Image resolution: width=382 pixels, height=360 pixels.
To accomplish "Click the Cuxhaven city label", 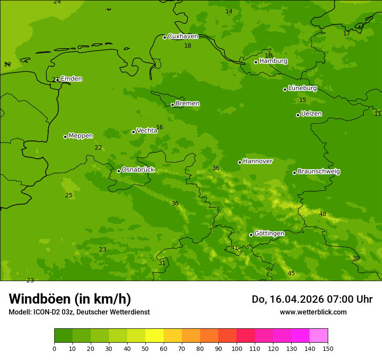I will click(x=183, y=36).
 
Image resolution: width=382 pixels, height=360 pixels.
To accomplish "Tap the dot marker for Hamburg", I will click(x=256, y=62).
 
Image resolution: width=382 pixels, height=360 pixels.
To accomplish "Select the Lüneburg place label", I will click(x=302, y=88).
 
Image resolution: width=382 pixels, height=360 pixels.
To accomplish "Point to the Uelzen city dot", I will click(x=298, y=115).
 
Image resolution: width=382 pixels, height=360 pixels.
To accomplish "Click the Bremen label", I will click(x=187, y=104).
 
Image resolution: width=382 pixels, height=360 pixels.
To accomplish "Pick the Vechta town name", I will click(x=147, y=131).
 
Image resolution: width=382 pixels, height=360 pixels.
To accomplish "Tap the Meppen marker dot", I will click(x=65, y=137).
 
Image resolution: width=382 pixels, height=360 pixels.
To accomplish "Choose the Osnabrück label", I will click(x=138, y=170).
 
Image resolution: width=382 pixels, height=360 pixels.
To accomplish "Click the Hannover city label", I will click(x=257, y=161).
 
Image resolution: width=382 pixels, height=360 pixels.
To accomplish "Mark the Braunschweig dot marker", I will click(x=294, y=173).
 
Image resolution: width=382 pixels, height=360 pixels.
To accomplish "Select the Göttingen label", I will click(x=269, y=233).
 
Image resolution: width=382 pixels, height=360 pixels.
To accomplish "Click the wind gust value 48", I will click(x=323, y=214).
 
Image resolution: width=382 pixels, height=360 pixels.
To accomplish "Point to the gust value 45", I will click(x=291, y=273).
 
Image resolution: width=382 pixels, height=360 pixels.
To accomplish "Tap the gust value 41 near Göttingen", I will click(x=234, y=248).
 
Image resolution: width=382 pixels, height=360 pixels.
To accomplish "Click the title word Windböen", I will click(x=40, y=299).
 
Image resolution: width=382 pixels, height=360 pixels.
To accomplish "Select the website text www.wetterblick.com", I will click(x=313, y=312).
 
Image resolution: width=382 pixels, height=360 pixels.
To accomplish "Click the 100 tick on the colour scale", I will click(x=237, y=348).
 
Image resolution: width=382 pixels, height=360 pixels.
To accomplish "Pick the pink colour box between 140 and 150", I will click(x=319, y=335).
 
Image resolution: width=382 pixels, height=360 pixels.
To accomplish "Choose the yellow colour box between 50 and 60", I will click(x=155, y=335).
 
